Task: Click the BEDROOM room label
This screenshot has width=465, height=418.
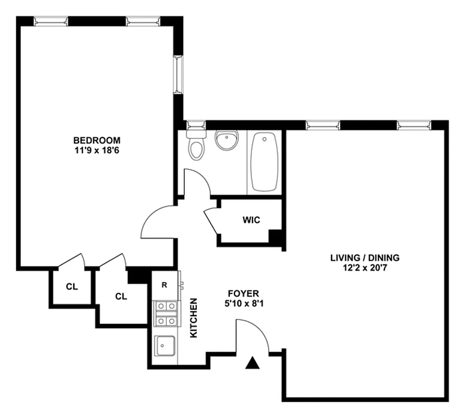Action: [x=97, y=141]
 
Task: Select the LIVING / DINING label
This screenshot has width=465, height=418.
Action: [x=365, y=258]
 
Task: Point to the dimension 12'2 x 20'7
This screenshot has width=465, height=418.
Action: [x=365, y=268]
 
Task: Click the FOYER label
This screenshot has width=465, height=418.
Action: [x=243, y=294]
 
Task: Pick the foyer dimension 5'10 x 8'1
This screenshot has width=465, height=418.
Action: [x=243, y=304]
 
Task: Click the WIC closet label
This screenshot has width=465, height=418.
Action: [x=251, y=220]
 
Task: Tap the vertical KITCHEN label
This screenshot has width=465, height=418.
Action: [x=194, y=318]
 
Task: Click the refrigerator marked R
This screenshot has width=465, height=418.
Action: [x=164, y=285]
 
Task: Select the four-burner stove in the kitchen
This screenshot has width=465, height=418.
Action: [x=166, y=313]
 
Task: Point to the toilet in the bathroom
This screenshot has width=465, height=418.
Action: [x=197, y=146]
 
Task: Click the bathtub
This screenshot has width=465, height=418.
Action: [x=265, y=161]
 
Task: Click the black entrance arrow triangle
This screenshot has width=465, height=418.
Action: [x=253, y=363]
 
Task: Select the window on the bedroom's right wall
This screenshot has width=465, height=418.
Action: [x=178, y=74]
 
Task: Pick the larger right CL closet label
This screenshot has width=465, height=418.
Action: [x=121, y=296]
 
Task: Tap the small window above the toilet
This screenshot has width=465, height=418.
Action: [x=196, y=125]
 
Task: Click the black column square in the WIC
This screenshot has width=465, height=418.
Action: [x=276, y=238]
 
